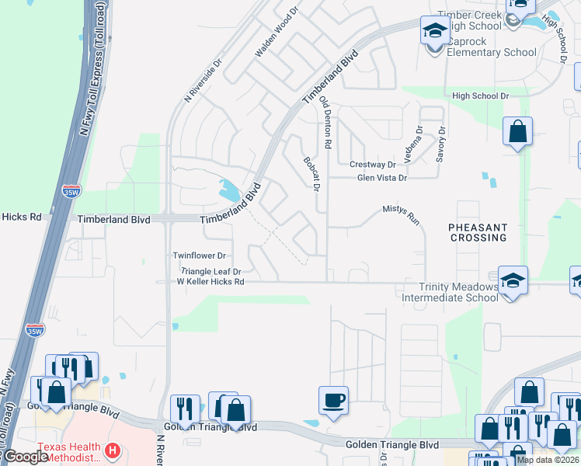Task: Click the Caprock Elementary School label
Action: pos(489,52)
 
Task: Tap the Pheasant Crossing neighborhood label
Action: pos(478,233)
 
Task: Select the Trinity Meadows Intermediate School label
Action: pos(458,292)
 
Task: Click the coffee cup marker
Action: pos(333,400)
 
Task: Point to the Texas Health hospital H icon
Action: pos(113,450)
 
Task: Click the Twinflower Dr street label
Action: pos(199,256)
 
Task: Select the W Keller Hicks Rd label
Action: pos(210,282)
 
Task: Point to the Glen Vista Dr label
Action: pos(381,178)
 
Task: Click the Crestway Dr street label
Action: pos(372,165)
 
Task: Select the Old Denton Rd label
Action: pos(326,123)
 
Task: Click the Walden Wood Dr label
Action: pos(277,33)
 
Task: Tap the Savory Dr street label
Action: pos(440,144)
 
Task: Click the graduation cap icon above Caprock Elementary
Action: pos(434,31)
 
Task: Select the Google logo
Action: pos(26,457)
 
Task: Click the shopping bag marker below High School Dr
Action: pos(517,132)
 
